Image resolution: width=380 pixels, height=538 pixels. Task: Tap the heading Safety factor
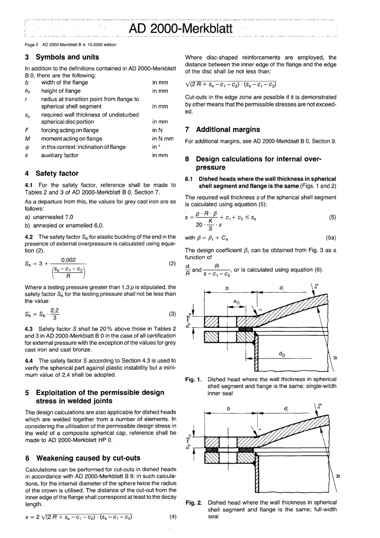coord(57,173)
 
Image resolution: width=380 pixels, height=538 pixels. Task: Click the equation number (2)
coord(172,263)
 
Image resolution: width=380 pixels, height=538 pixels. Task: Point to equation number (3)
coord(172,314)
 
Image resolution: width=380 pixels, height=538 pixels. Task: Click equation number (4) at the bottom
coord(172,516)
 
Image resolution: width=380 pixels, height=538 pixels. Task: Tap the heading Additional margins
coord(228,130)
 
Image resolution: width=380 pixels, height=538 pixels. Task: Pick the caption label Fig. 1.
coord(194,379)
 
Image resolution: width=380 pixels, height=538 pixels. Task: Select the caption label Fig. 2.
coord(194,502)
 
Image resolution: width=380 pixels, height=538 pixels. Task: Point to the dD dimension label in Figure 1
coord(282,354)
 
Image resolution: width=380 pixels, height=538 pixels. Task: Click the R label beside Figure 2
coord(338,476)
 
